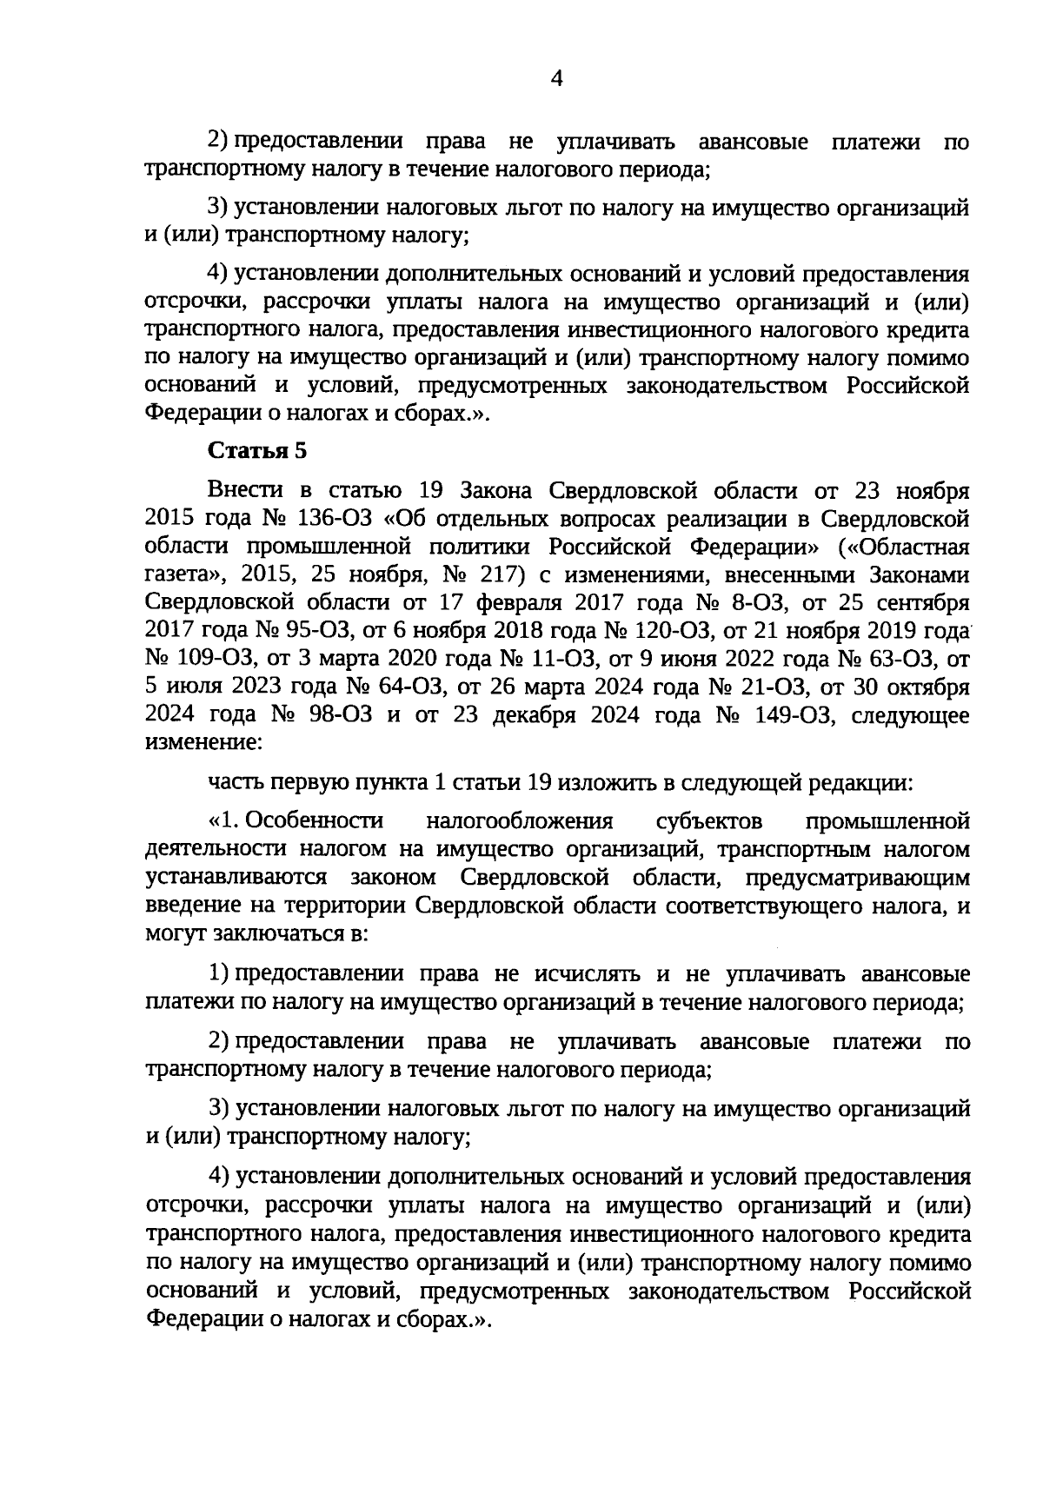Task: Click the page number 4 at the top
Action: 557,80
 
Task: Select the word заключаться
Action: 280,934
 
